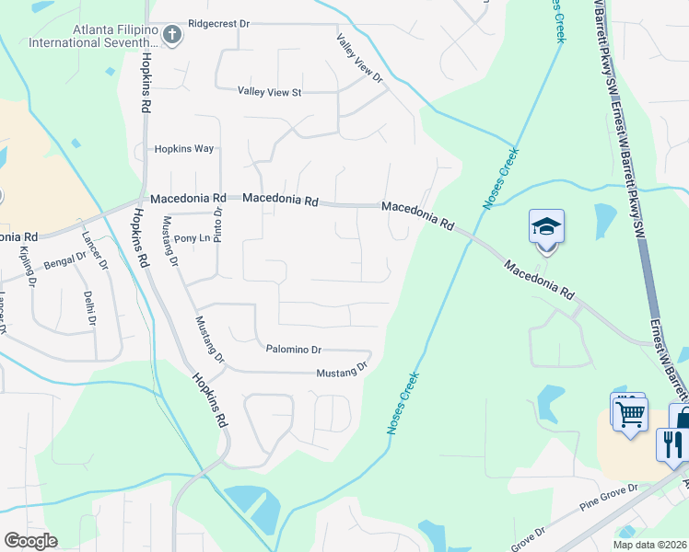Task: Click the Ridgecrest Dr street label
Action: (x=218, y=23)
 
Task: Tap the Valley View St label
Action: (x=269, y=92)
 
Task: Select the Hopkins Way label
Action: (x=183, y=149)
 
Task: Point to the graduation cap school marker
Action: (x=546, y=226)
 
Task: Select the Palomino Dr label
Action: (x=293, y=350)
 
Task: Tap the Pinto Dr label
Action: (x=218, y=225)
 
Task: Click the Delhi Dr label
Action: (x=89, y=308)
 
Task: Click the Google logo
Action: (x=30, y=541)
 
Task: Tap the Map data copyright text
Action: (x=649, y=545)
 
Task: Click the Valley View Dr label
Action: (x=359, y=58)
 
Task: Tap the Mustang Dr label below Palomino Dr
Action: (x=342, y=371)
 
